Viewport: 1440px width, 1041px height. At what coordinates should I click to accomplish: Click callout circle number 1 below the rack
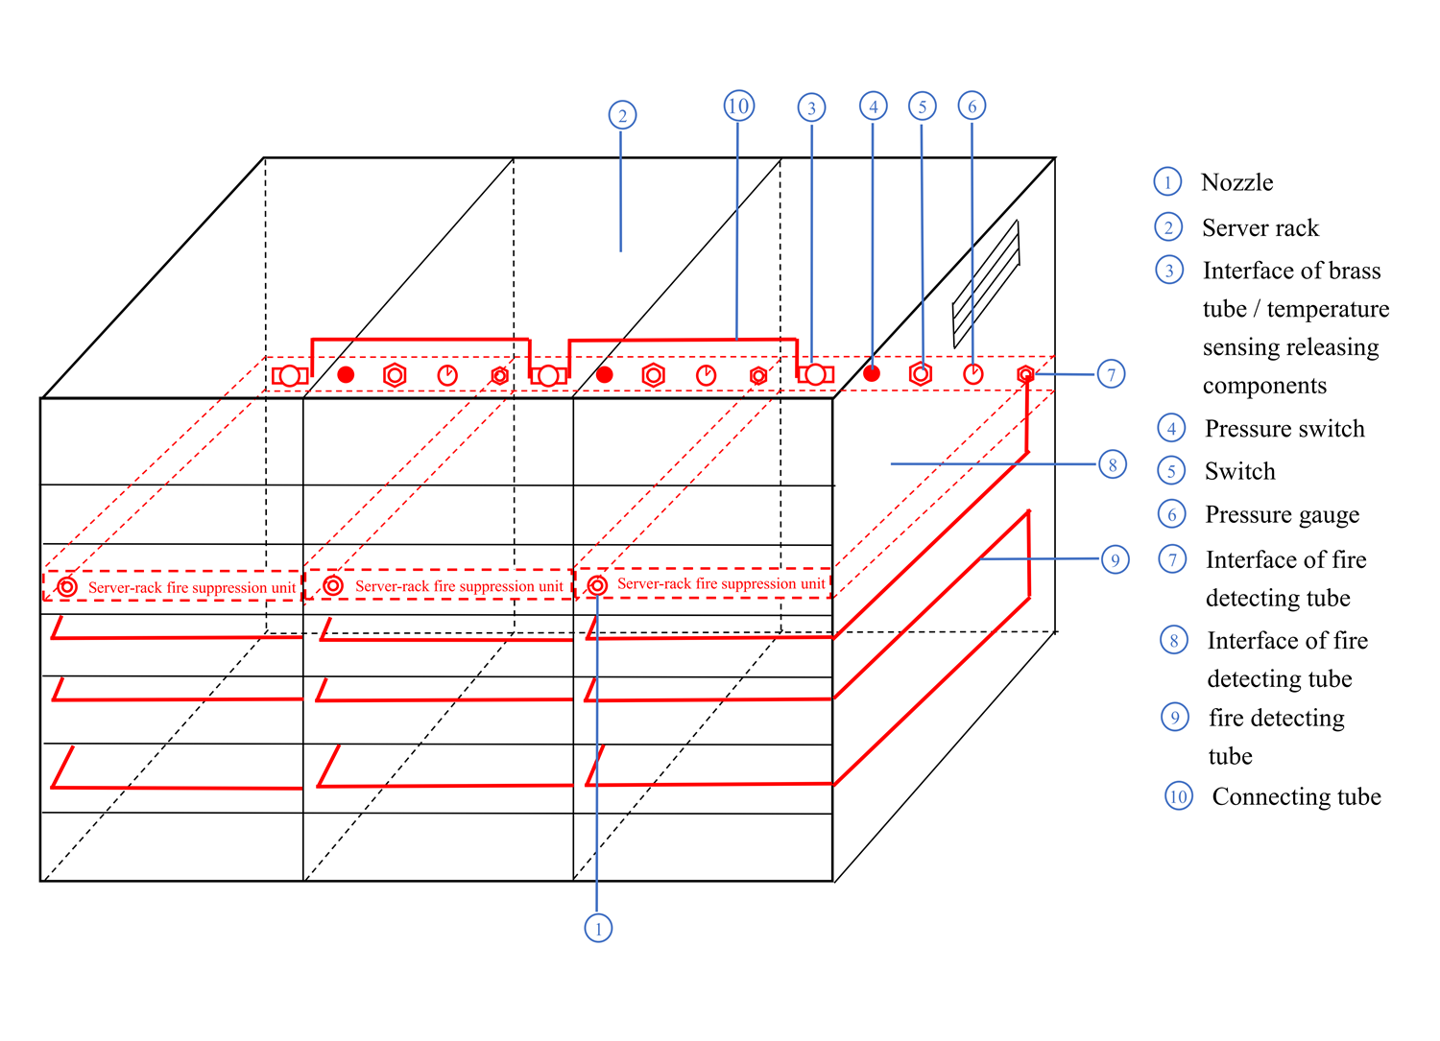click(x=598, y=928)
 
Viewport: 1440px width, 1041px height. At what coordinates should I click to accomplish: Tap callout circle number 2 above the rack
click(x=622, y=116)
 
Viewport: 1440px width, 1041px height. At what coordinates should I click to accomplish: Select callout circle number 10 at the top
click(x=738, y=106)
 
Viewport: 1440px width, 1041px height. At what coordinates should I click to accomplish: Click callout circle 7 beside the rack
click(x=1111, y=374)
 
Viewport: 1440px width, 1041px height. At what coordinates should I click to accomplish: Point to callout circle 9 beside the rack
click(x=1115, y=559)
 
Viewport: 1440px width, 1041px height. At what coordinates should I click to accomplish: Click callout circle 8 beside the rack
click(x=1113, y=465)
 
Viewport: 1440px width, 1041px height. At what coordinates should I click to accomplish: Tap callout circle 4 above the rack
click(x=873, y=106)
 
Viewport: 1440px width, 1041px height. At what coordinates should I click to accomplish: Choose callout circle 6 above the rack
click(x=972, y=106)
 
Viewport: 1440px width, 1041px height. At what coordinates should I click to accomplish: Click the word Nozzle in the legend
click(x=1236, y=182)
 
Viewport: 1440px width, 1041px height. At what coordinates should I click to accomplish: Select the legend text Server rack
click(x=1260, y=228)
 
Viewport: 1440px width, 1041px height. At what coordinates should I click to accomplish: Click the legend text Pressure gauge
click(x=1282, y=515)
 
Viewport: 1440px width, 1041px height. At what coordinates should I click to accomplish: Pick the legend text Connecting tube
click(x=1296, y=797)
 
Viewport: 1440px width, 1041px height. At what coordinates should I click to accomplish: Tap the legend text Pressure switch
click(x=1284, y=429)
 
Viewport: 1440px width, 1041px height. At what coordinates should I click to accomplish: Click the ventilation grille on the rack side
click(x=986, y=284)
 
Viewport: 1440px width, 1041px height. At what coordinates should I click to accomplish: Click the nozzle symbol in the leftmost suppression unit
click(x=67, y=586)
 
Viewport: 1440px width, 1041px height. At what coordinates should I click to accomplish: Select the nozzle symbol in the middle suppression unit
click(x=333, y=585)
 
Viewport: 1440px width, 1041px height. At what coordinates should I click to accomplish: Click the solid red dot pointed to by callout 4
click(x=872, y=373)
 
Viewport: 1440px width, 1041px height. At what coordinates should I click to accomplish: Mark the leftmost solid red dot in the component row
click(x=346, y=374)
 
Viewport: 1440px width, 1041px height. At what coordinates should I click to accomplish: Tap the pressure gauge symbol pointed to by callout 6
click(x=973, y=374)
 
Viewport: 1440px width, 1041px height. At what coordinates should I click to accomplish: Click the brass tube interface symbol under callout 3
click(x=815, y=374)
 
